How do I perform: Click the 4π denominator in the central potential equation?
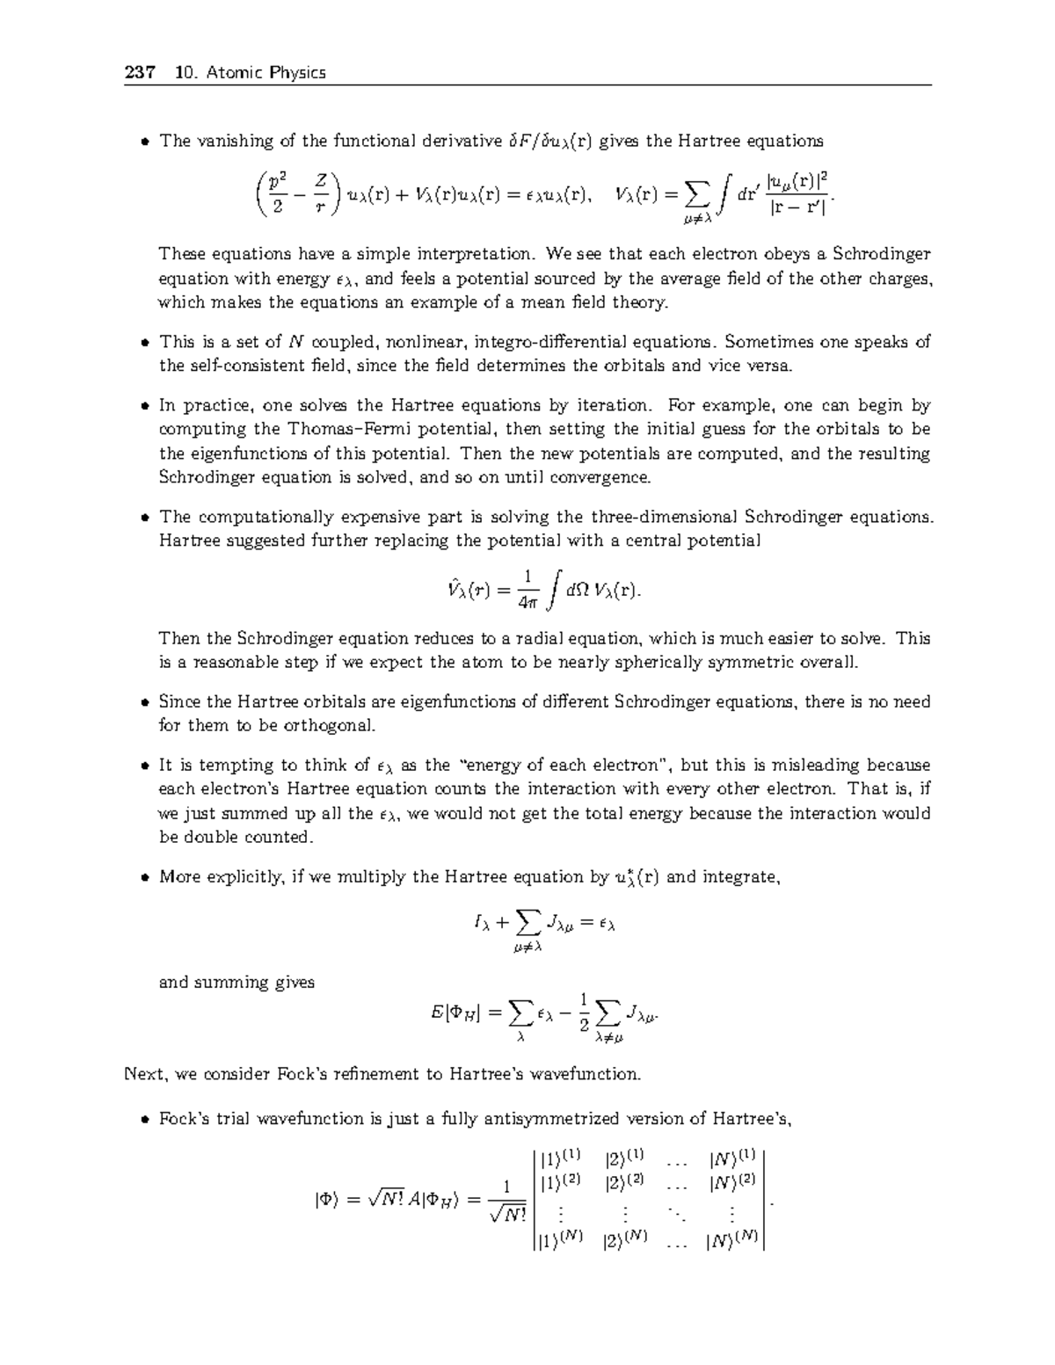coord(527,604)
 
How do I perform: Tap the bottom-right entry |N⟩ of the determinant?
coord(731,1241)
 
